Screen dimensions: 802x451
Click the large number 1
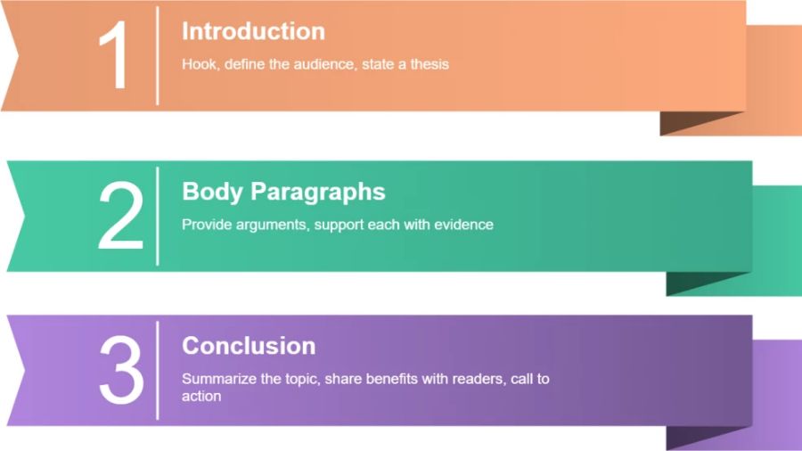(x=114, y=54)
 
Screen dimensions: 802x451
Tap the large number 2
(x=120, y=216)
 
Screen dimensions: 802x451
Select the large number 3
(x=121, y=370)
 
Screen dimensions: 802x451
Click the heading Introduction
(x=253, y=31)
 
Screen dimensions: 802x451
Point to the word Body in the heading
(x=212, y=193)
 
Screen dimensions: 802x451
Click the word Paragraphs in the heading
(x=317, y=193)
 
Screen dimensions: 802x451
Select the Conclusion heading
(x=249, y=346)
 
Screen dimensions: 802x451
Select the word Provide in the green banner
(x=207, y=225)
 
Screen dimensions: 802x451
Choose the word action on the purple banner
(x=201, y=397)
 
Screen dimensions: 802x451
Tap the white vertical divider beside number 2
(x=158, y=217)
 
